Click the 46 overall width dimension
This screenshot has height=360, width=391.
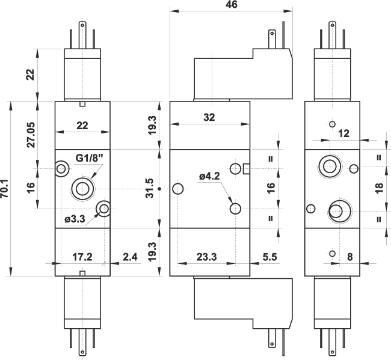click(x=231, y=5)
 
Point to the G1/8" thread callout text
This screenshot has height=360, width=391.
click(x=90, y=158)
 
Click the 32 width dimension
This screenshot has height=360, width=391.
click(x=209, y=118)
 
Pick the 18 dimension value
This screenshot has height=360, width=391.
click(x=378, y=188)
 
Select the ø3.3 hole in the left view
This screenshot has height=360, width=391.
click(x=105, y=209)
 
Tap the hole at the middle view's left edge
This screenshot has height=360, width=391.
click(x=177, y=189)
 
